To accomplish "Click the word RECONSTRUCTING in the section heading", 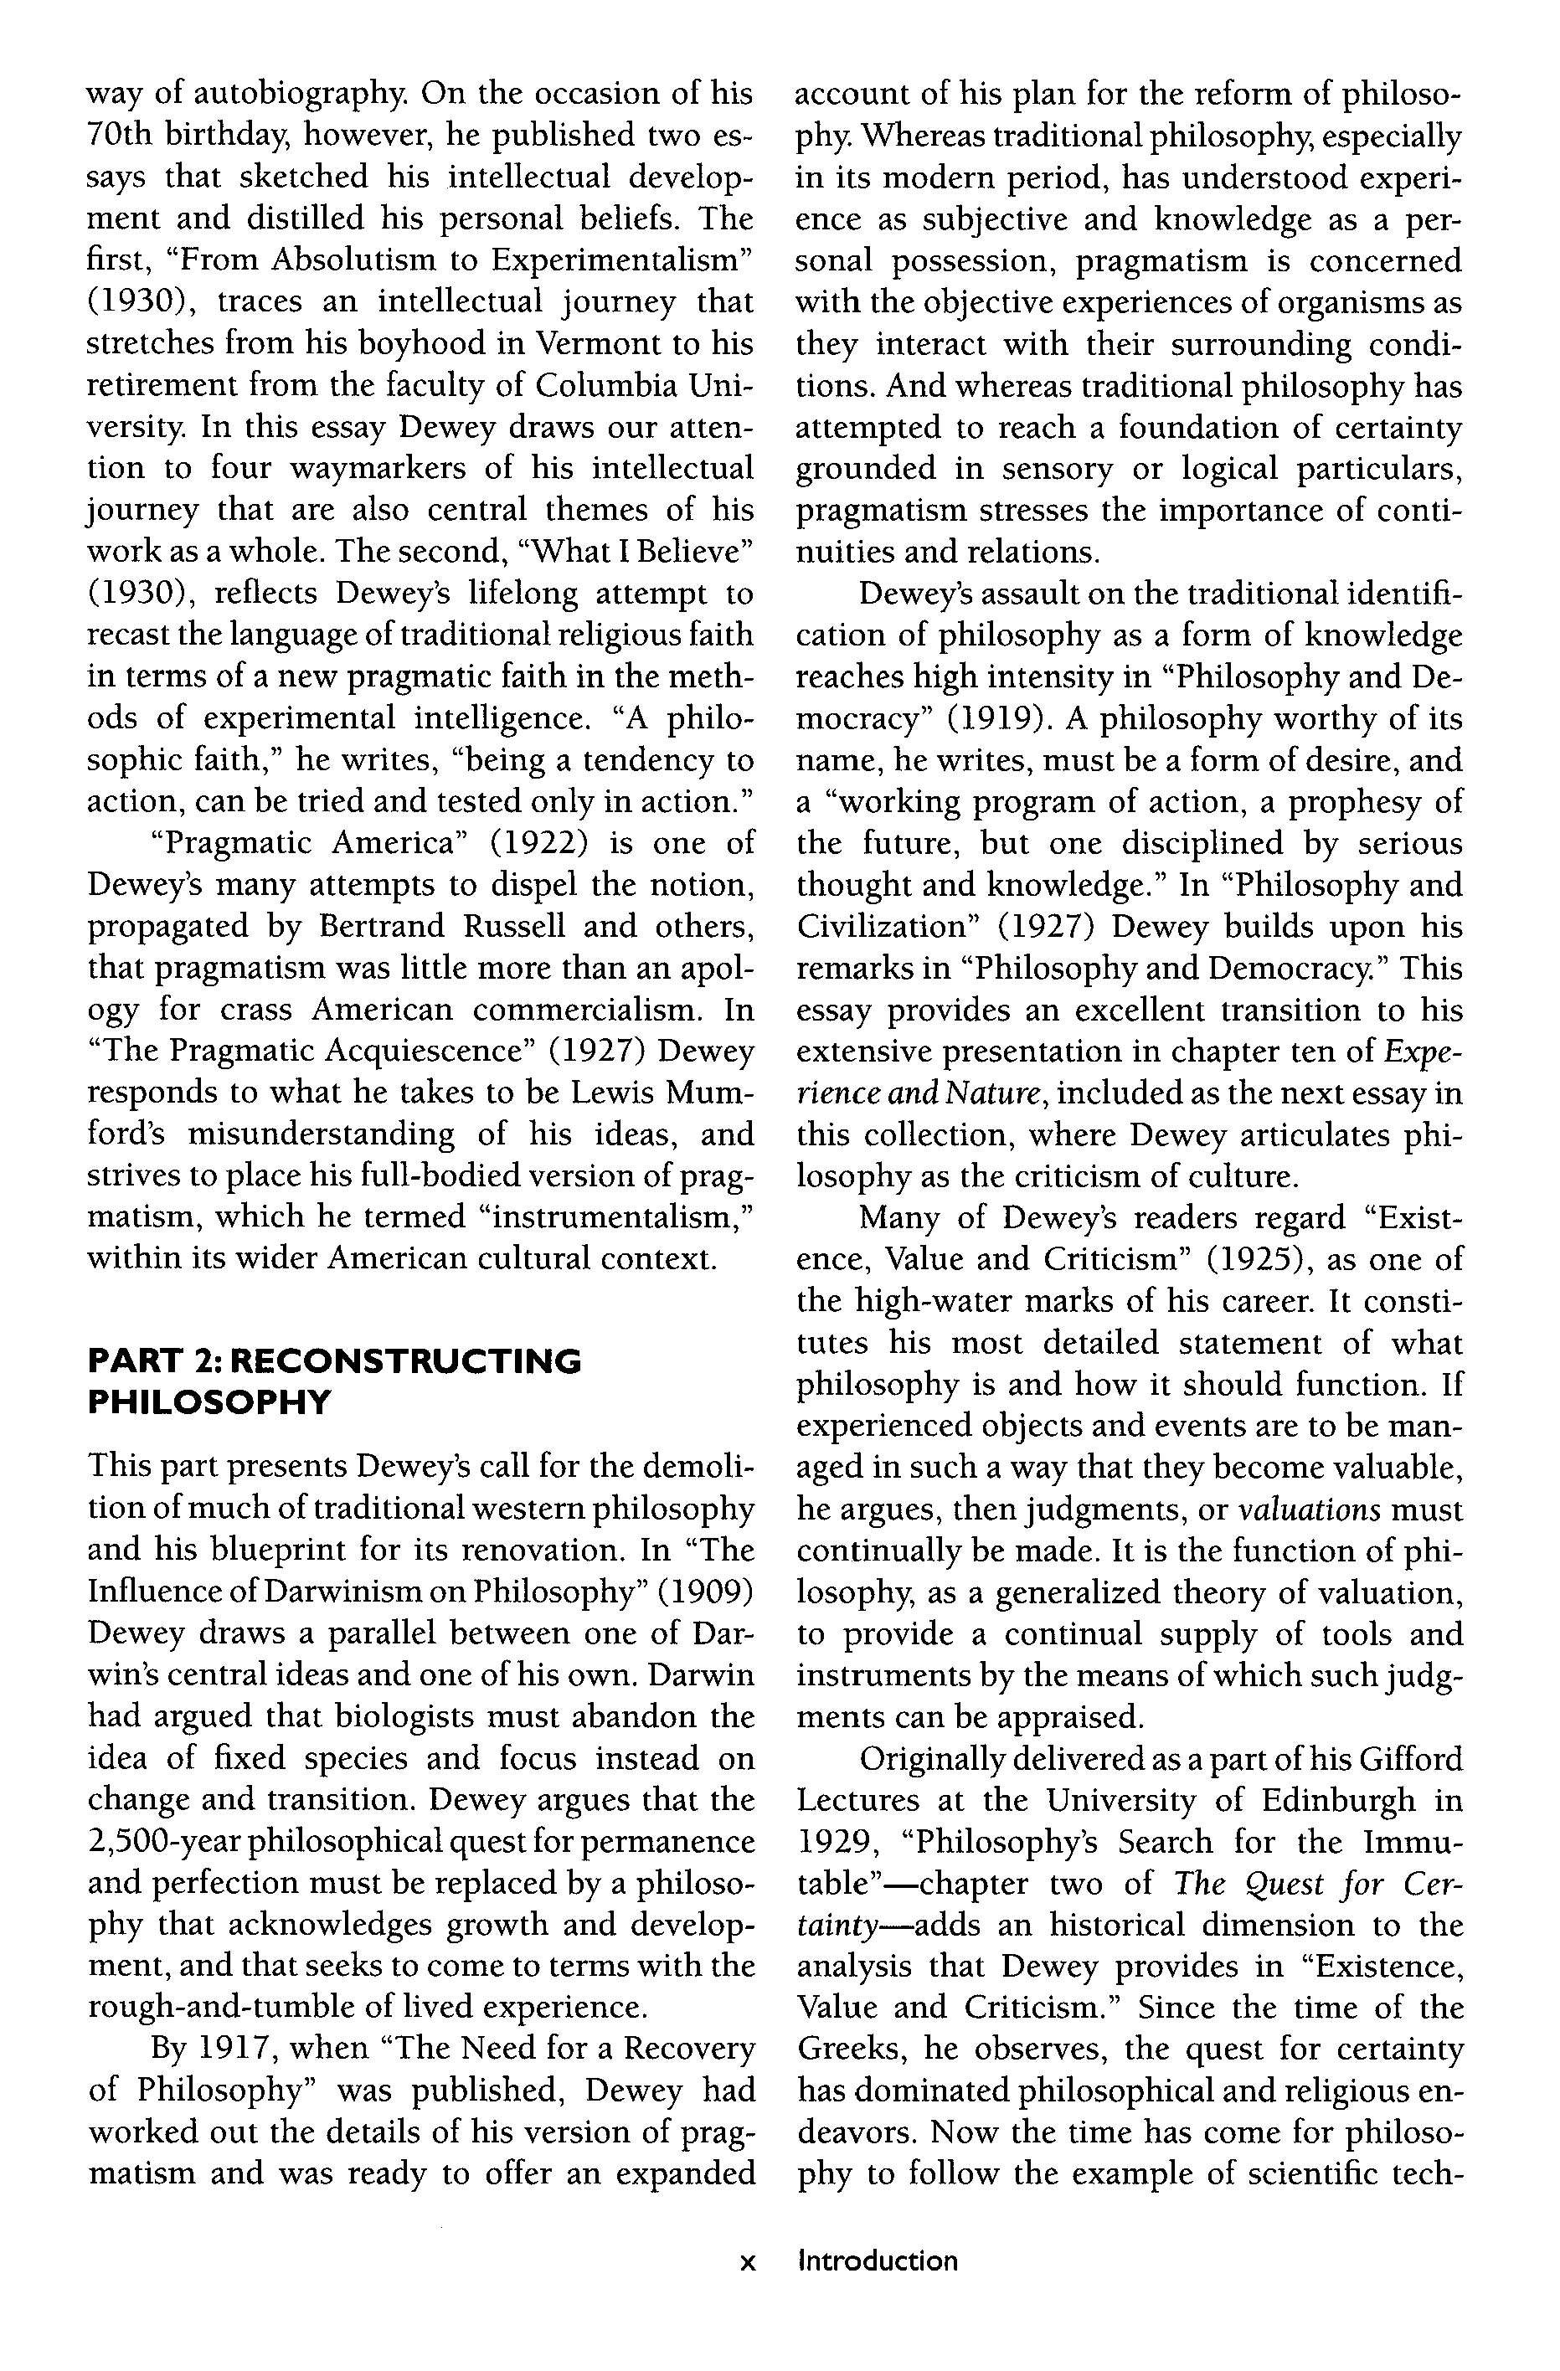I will coord(409,1360).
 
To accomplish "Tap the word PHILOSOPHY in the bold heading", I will coord(209,1402).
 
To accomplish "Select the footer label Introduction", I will coord(878,2260).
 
